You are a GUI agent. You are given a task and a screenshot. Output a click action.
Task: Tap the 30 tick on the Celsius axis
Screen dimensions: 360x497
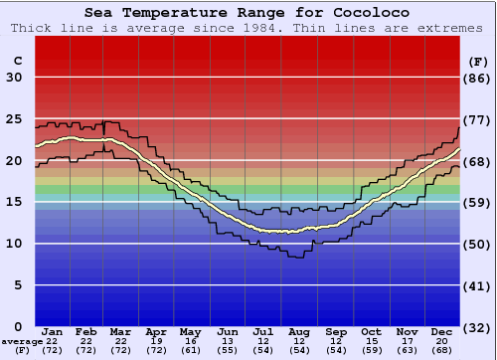click(14, 78)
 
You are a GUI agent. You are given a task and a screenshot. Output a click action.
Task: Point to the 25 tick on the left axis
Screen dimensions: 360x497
click(14, 119)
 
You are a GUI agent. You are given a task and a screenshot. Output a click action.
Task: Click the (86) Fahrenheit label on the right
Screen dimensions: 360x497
click(479, 78)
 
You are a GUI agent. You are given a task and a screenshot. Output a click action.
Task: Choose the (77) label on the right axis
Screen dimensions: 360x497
click(479, 119)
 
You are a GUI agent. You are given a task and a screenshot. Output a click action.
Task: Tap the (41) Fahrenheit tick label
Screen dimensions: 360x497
click(479, 284)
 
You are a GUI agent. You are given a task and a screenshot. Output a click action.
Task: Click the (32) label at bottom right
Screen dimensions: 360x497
click(479, 326)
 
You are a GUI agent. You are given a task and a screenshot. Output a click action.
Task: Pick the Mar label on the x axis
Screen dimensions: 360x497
click(120, 331)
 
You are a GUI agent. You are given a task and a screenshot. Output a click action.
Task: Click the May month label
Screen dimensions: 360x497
click(191, 331)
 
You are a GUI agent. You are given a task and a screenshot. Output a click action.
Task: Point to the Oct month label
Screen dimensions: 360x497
click(371, 331)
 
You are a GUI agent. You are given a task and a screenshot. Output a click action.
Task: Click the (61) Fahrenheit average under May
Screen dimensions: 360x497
click(191, 351)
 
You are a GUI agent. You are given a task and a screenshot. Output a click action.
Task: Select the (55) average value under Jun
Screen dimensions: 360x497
click(228, 351)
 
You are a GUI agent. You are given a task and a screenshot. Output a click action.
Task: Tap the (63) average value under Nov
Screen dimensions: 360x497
click(408, 351)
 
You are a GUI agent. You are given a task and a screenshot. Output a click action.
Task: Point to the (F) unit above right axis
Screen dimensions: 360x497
click(478, 61)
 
